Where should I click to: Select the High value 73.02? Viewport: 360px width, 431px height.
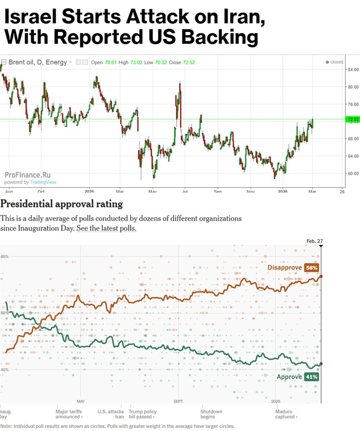click(136, 62)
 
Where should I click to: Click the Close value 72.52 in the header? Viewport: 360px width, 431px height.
click(189, 62)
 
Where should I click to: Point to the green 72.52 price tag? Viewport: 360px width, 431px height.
click(352, 119)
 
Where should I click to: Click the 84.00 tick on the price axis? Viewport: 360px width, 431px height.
click(353, 69)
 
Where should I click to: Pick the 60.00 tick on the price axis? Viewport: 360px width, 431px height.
click(353, 173)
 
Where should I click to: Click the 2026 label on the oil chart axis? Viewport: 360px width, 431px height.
click(283, 191)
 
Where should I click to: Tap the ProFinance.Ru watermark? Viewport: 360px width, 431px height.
click(28, 175)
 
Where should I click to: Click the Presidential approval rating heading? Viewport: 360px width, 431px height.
click(61, 203)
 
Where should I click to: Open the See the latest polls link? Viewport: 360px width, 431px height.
click(106, 228)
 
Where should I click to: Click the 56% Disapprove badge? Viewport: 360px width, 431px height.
click(311, 268)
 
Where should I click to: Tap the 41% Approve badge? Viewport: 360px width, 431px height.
click(311, 377)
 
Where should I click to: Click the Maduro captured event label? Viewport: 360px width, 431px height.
click(286, 414)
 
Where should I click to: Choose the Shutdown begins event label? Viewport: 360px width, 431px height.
click(211, 414)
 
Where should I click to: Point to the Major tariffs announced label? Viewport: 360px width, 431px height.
click(69, 414)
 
